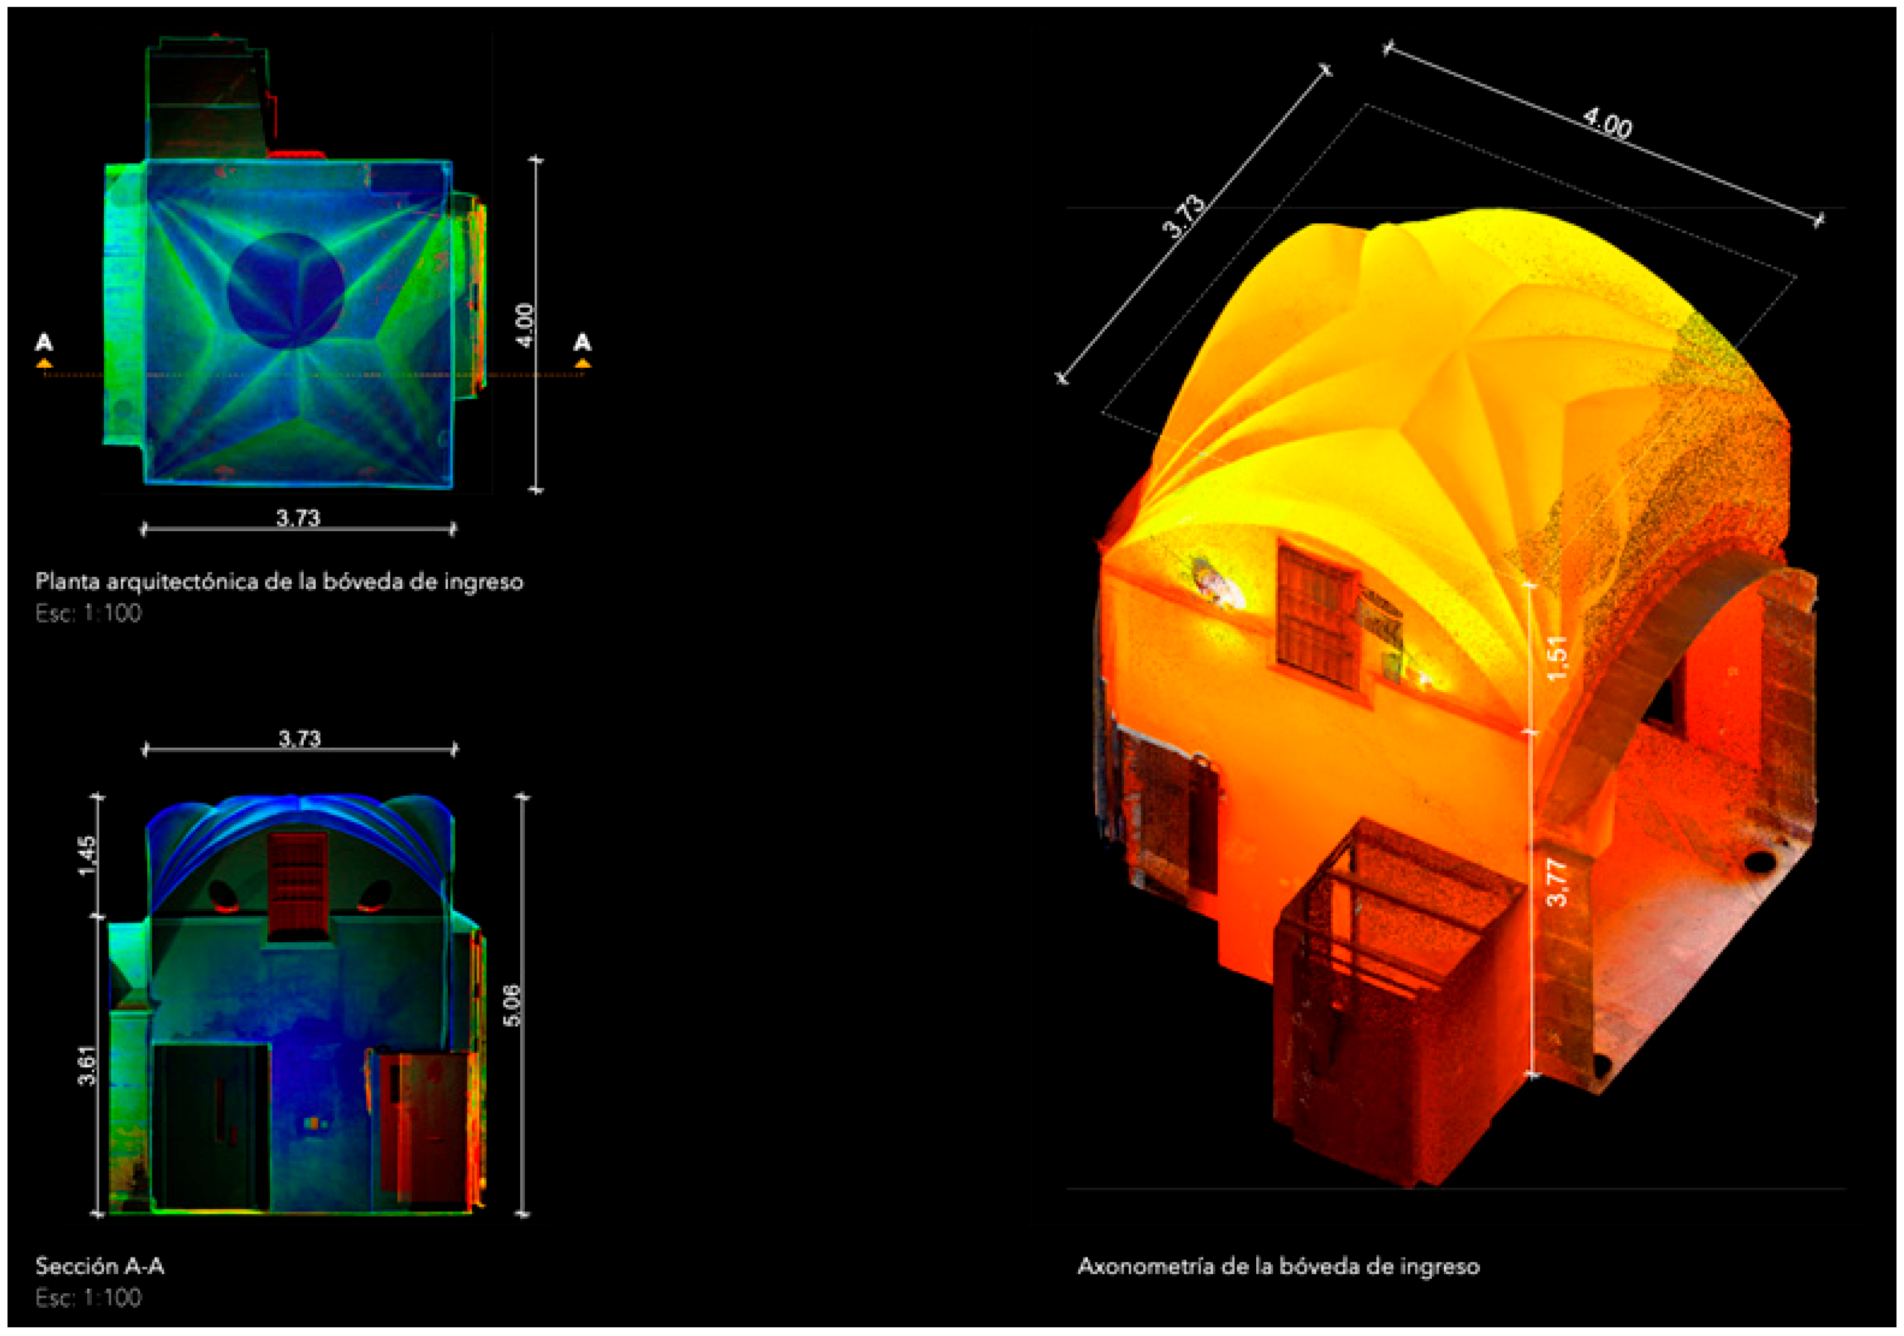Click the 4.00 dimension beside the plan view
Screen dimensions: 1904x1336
coord(524,325)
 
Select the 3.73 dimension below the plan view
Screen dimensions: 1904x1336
coord(298,518)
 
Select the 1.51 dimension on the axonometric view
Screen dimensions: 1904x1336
coord(1558,658)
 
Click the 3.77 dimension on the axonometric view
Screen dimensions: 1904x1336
coord(1558,882)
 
